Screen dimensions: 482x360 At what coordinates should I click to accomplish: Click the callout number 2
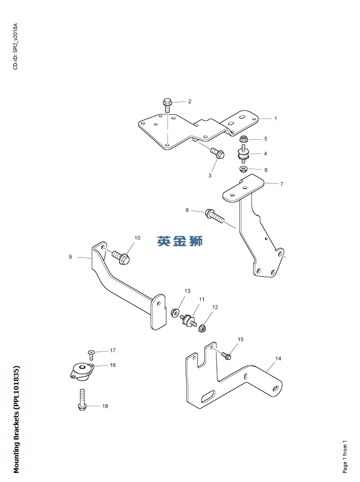(190, 101)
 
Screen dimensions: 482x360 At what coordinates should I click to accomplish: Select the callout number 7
(281, 183)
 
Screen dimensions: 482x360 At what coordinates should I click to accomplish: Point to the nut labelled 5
(244, 139)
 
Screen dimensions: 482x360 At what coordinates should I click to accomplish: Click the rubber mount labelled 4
(244, 155)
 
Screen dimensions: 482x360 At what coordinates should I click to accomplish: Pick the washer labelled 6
(243, 169)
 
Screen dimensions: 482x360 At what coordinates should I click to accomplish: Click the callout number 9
(70, 257)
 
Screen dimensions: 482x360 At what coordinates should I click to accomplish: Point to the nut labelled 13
(175, 312)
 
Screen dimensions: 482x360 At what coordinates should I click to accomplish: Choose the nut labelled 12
(202, 328)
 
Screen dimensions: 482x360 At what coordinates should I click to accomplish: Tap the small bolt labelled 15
(227, 355)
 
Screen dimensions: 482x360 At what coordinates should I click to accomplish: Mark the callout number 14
(278, 358)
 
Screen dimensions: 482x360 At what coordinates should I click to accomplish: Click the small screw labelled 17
(91, 353)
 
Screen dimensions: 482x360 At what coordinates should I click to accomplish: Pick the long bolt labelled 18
(82, 400)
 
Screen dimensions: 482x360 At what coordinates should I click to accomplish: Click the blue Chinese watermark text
(180, 241)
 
